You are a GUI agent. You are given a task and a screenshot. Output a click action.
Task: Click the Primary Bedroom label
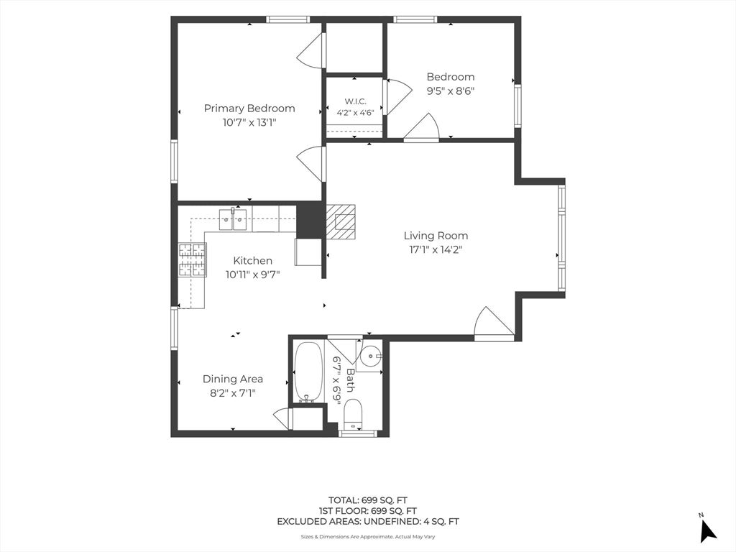tap(249, 109)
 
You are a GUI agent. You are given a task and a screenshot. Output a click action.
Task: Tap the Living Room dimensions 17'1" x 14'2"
tap(436, 249)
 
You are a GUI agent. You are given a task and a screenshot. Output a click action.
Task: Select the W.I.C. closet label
tap(355, 101)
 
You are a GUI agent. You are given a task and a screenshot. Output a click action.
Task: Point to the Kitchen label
tap(252, 260)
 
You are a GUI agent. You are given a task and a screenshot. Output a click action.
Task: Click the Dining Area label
tap(233, 379)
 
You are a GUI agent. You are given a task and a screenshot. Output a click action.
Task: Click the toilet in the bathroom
tap(352, 414)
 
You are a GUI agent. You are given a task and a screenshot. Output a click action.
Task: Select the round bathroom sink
tap(372, 356)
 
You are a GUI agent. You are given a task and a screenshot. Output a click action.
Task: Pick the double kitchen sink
tap(233, 220)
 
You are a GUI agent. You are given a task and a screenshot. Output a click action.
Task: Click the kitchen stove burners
tap(192, 259)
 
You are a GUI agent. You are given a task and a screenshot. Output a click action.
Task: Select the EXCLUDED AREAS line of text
tap(367, 521)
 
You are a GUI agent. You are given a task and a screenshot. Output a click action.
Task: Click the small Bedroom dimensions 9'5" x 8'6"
tap(450, 91)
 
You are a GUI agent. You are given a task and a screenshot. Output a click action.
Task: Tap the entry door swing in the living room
tap(494, 322)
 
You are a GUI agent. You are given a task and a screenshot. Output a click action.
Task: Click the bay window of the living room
tap(561, 238)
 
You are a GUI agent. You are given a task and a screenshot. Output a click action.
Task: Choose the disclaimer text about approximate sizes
tap(367, 536)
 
